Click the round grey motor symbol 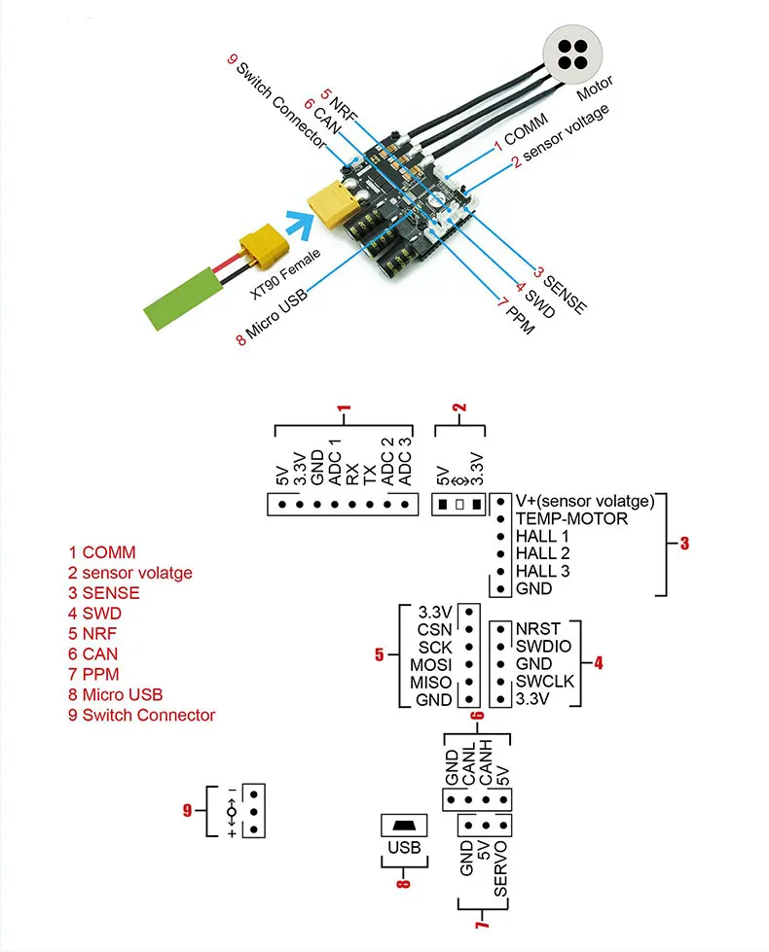pos(572,54)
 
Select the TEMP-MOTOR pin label pos(571,518)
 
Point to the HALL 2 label pos(542,553)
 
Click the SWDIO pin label pos(543,646)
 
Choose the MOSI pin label pos(430,665)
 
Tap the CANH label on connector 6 pos(486,762)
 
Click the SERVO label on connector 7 pos(500,868)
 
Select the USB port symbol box pos(404,826)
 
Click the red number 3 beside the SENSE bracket pos(684,543)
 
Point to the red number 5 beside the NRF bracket pos(380,654)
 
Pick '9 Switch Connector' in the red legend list pos(142,715)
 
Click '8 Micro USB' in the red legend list pos(116,694)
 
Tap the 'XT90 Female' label pos(285,274)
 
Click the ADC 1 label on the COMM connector pos(335,463)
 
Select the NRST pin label pos(538,628)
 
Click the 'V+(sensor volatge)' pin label pos(585,501)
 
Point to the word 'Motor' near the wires pos(595,88)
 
